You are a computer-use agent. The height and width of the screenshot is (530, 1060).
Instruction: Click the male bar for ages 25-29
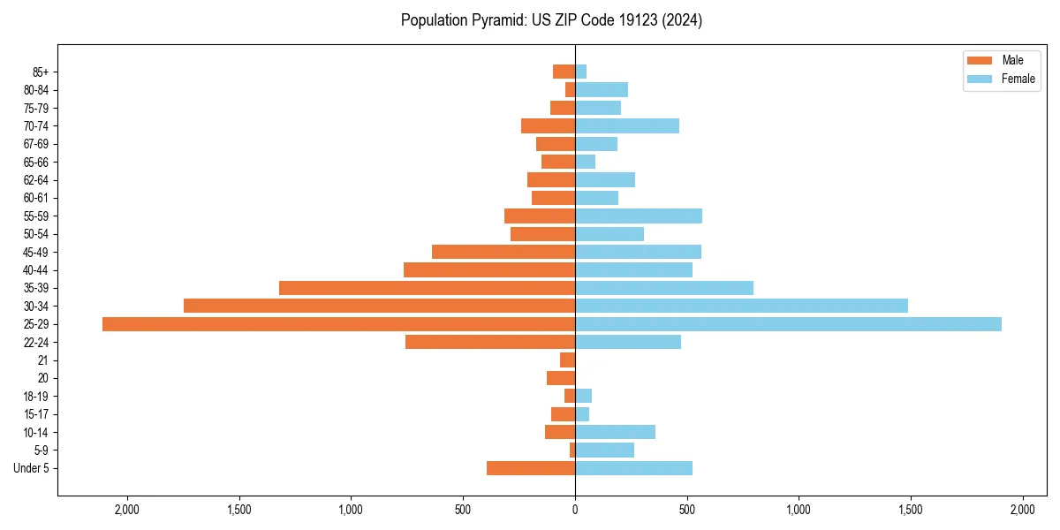(338, 324)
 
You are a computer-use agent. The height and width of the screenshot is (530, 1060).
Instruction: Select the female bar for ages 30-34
(741, 306)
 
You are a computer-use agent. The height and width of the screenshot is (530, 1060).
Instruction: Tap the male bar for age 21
(567, 360)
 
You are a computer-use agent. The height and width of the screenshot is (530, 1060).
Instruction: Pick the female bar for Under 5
(633, 468)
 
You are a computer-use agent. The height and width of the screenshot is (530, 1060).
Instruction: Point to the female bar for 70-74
(627, 126)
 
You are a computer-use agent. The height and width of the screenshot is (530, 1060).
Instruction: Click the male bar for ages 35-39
(427, 288)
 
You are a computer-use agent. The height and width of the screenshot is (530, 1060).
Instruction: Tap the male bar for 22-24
(490, 342)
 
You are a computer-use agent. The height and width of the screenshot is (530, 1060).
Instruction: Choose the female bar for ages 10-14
(615, 432)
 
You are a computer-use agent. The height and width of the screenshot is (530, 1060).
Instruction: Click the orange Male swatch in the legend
(980, 60)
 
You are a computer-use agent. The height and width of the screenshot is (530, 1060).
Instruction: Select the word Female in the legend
(1018, 79)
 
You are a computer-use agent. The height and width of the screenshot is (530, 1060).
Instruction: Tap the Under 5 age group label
(31, 468)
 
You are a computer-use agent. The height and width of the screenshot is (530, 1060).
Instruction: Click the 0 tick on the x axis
(575, 510)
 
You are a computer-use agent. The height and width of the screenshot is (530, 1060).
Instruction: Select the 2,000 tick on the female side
(1022, 510)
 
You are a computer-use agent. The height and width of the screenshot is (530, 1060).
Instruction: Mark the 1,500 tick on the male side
(239, 510)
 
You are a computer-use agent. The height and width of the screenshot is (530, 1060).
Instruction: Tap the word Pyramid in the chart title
(496, 20)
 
